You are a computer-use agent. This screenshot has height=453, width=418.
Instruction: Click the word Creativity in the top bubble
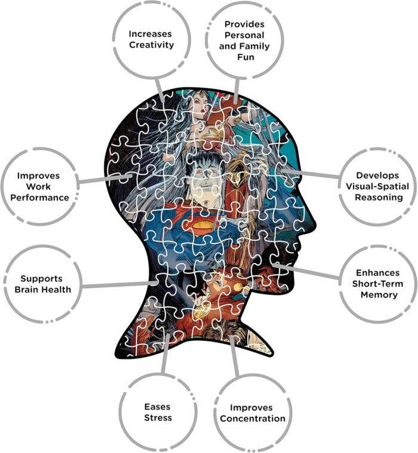(x=151, y=45)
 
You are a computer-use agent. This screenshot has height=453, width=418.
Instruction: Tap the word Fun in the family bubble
(x=245, y=57)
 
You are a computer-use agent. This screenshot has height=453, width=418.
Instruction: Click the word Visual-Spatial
(x=377, y=186)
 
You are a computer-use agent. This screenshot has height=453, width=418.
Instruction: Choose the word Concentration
(x=253, y=418)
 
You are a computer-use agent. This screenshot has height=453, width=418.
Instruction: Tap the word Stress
(x=158, y=417)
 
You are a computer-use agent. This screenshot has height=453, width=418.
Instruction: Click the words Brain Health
(x=43, y=289)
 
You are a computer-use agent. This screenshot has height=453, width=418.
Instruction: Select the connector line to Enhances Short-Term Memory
(x=306, y=271)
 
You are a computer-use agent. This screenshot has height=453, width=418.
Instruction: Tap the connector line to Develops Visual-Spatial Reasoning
(x=311, y=174)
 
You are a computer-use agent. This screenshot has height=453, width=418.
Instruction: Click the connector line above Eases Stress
(x=165, y=353)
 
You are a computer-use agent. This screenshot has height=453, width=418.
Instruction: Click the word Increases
(x=150, y=34)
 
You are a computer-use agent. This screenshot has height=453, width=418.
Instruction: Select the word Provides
(x=245, y=24)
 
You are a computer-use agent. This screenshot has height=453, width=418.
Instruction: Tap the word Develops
(x=377, y=175)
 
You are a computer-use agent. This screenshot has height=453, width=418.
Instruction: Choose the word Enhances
(x=378, y=273)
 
